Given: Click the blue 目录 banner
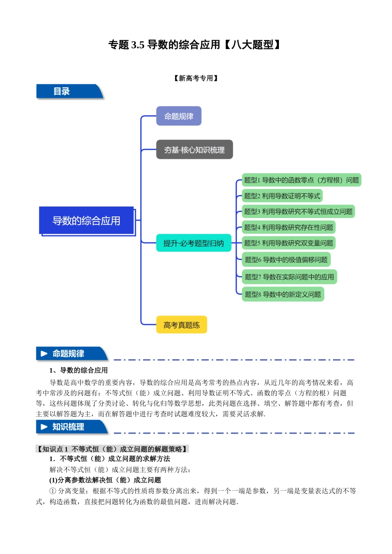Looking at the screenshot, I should [68, 92].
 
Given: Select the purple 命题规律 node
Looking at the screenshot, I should [179, 116].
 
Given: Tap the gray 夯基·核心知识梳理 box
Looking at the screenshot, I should [194, 150].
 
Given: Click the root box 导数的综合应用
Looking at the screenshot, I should [86, 221].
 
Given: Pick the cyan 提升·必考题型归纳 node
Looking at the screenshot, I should [194, 243].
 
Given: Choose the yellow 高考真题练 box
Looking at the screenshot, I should [182, 325].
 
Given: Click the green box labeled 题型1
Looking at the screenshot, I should [301, 180].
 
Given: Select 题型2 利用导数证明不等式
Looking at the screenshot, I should [282, 196].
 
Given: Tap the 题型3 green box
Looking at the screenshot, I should [298, 211].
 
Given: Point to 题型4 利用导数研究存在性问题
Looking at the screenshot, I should [288, 227].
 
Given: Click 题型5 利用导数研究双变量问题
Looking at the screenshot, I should [288, 243].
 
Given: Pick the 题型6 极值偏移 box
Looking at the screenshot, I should [286, 260].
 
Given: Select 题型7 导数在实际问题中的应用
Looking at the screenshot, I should [289, 277].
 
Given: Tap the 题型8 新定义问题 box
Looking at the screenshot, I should [283, 294].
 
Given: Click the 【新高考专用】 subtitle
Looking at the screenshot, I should [196, 78].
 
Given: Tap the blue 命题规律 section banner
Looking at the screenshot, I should [70, 354].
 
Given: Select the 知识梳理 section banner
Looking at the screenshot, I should [70, 427].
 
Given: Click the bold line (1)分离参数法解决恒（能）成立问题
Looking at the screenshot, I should [105, 480].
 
